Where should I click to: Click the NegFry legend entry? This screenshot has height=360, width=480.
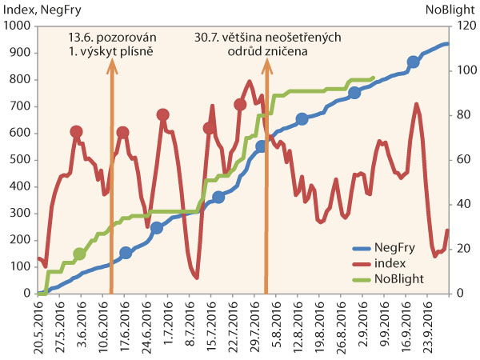pyautogui.click(x=397, y=248)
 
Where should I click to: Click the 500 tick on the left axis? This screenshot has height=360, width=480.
pyautogui.click(x=23, y=160)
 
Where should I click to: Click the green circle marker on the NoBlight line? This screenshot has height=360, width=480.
pyautogui.click(x=79, y=254)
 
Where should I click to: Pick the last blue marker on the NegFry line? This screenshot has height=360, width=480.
pyautogui.click(x=413, y=62)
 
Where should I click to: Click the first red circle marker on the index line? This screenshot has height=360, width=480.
pyautogui.click(x=76, y=131)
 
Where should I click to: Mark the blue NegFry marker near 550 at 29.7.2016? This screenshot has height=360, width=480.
pyautogui.click(x=260, y=146)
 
